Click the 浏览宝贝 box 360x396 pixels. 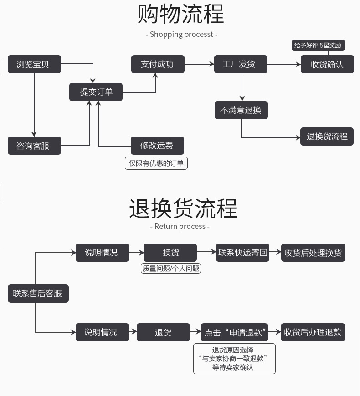[x=34, y=65]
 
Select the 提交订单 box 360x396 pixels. [x=96, y=92]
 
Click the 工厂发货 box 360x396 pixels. [x=241, y=64]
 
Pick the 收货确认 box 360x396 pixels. [x=327, y=64]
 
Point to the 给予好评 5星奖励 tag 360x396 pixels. [x=318, y=46]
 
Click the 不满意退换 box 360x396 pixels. [x=241, y=110]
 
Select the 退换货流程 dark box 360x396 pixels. [x=327, y=137]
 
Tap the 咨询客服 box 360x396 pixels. [x=34, y=146]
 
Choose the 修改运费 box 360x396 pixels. [x=158, y=146]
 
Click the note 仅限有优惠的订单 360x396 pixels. [x=156, y=163]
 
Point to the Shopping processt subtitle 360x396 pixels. [x=181, y=34]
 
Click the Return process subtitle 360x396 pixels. [x=180, y=226]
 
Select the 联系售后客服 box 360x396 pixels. [x=38, y=294]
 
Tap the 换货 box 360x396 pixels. [x=170, y=253]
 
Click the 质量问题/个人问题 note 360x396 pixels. [x=171, y=269]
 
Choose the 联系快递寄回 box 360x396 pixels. [x=243, y=253]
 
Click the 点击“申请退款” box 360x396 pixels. [x=234, y=332]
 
